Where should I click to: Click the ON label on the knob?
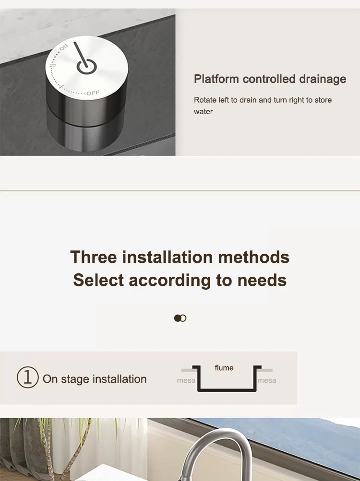pyautogui.click(x=63, y=47)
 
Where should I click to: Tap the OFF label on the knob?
pyautogui.click(x=93, y=93)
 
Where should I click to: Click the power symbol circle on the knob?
pyautogui.click(x=86, y=67)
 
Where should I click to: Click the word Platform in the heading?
pyautogui.click(x=216, y=79)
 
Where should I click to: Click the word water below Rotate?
pyautogui.click(x=203, y=112)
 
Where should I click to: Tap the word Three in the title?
pyautogui.click(x=94, y=257)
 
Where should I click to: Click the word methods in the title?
pyautogui.click(x=254, y=257)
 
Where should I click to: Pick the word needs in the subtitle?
pyautogui.click(x=262, y=281)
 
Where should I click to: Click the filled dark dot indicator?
pyautogui.click(x=177, y=318)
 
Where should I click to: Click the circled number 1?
pyautogui.click(x=28, y=377)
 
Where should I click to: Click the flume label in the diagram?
pyautogui.click(x=224, y=368)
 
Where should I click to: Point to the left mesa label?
pyautogui.click(x=186, y=380)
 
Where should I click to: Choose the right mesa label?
pyautogui.click(x=266, y=380)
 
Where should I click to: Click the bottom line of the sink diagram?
pyautogui.click(x=227, y=390)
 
